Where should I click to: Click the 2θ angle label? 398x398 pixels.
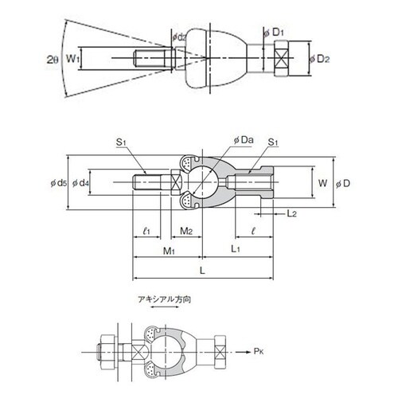[x=53, y=60]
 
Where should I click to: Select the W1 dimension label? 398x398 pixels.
[x=72, y=58]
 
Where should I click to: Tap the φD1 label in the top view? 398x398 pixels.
[x=274, y=33]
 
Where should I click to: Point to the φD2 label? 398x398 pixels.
[x=319, y=59]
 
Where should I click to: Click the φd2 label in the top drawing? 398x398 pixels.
[x=179, y=37]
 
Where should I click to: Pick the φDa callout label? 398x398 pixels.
[x=244, y=140]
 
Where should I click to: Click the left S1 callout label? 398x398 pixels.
[x=121, y=142]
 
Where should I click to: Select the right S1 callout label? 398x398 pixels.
[x=273, y=142]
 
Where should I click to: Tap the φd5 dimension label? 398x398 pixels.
[x=59, y=183]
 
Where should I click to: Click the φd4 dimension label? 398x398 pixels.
[x=80, y=183]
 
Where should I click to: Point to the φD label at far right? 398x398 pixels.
[x=343, y=184]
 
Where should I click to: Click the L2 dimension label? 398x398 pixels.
[x=291, y=213]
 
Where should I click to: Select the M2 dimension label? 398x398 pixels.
[x=186, y=231]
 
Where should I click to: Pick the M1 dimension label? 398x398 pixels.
[x=169, y=251]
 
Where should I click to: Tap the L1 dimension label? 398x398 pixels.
[x=236, y=249]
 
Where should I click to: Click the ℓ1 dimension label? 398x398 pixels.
[x=146, y=231]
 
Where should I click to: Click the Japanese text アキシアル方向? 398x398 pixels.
[x=165, y=299]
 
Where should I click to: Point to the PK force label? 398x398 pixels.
[x=259, y=352]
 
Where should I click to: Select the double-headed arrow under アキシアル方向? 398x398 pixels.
[x=165, y=307]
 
